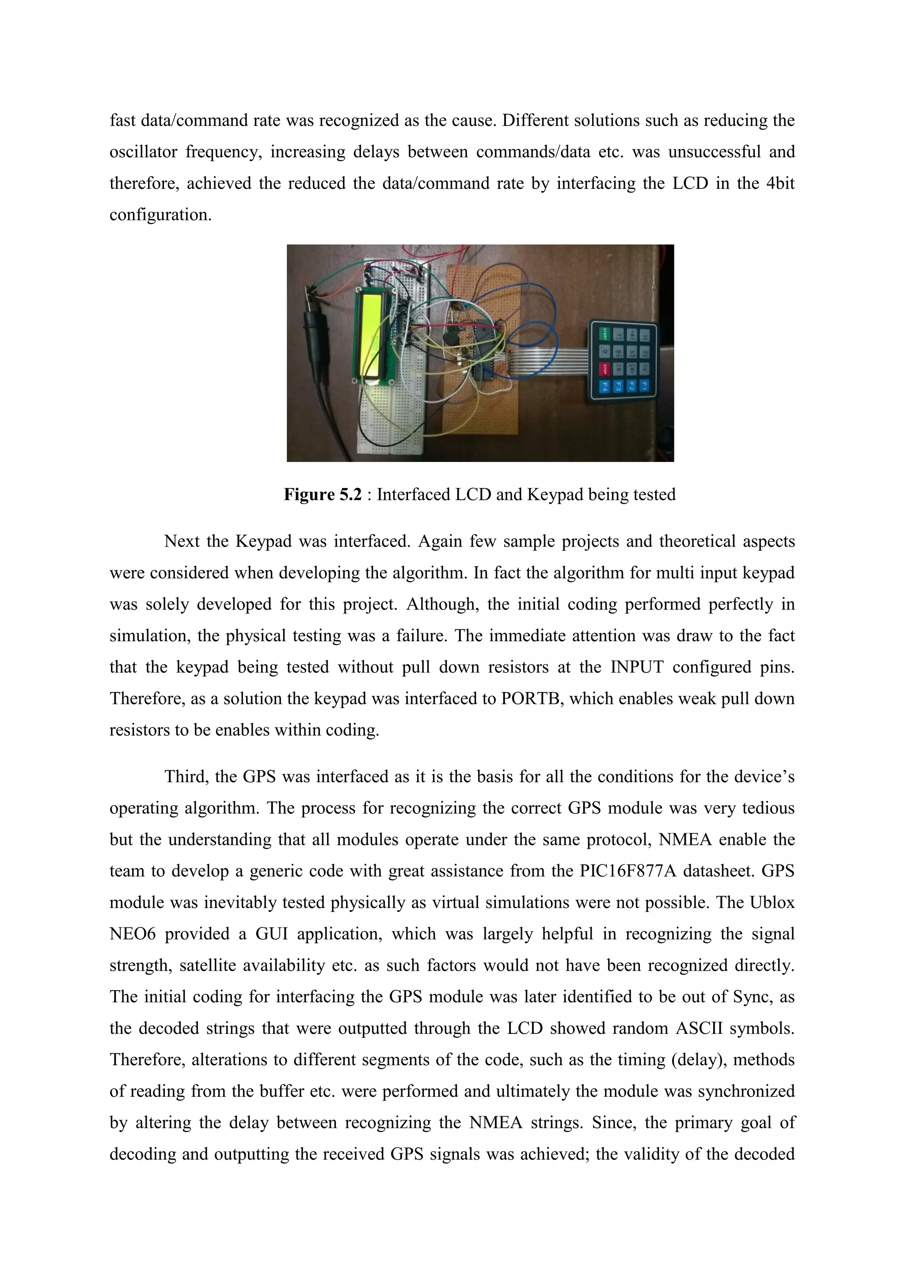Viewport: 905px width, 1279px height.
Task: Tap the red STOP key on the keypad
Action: click(604, 369)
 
